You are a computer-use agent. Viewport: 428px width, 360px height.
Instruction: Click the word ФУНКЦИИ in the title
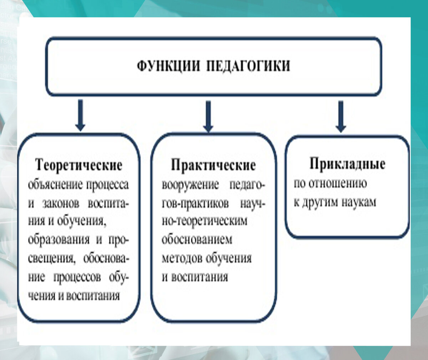(168, 67)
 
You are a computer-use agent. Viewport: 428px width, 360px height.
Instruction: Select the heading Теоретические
(79, 165)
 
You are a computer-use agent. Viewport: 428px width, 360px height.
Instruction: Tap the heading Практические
(213, 165)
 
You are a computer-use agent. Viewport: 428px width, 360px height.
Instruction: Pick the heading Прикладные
(347, 164)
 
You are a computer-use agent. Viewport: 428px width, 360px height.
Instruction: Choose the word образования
(59, 240)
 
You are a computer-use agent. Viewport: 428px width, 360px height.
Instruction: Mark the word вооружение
(190, 185)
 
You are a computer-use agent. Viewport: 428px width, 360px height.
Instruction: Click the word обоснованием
(197, 240)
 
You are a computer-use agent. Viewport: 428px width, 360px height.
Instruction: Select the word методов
(182, 258)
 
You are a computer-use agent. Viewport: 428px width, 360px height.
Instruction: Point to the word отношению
(337, 183)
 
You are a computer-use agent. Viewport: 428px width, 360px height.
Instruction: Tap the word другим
(320, 202)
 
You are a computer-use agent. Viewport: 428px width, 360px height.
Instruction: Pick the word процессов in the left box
(77, 277)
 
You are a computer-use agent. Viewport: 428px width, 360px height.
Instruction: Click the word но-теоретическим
(204, 221)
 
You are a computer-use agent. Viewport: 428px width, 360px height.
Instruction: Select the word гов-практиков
(195, 204)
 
